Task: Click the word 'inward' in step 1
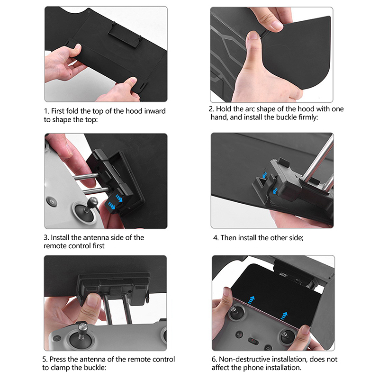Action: coord(155,111)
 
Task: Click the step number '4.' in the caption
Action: coord(216,238)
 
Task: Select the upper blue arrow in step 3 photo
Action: coord(119,198)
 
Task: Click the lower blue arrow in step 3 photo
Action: coord(112,206)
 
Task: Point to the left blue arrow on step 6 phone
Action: coord(251,300)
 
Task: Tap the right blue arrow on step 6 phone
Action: coord(284,316)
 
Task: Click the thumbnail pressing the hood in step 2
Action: coord(253,36)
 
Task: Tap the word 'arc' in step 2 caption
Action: coord(250,109)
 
